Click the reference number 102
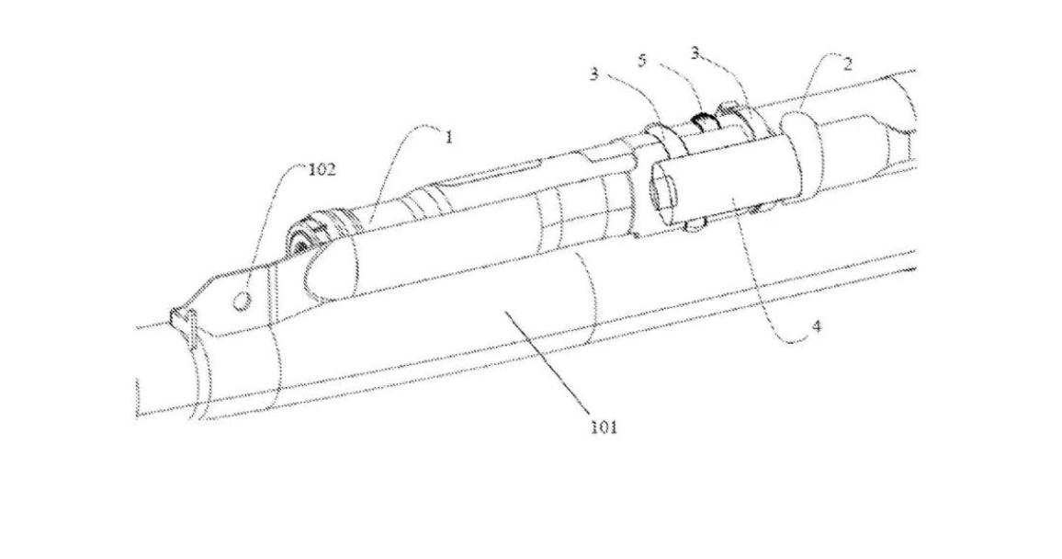point(322,169)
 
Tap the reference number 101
point(604,427)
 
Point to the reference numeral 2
point(847,64)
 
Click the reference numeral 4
point(817,326)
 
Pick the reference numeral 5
point(642,61)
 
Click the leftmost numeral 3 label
point(594,74)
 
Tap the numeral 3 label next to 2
point(695,52)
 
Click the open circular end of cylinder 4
point(661,190)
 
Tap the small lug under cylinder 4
point(696,224)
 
